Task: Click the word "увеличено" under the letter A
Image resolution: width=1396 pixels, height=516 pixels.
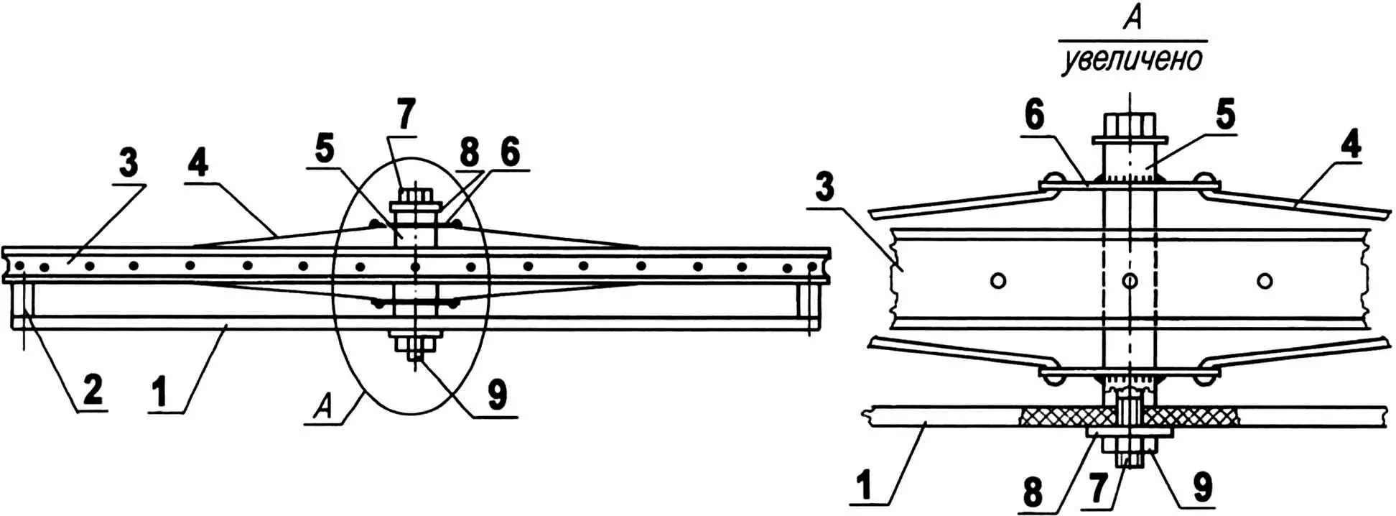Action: point(1132,60)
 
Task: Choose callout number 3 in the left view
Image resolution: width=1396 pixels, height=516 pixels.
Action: point(128,164)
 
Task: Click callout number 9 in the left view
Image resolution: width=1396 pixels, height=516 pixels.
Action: point(497,395)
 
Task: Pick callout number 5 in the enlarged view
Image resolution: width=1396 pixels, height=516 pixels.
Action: point(1224,115)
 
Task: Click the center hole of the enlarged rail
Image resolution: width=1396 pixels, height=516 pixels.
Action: point(1130,280)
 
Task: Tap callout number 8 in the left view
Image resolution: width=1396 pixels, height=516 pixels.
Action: point(468,152)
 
